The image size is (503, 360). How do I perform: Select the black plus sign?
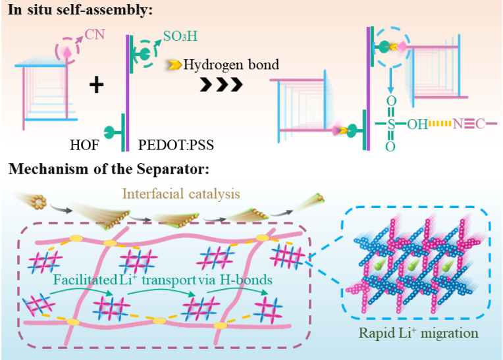(96, 84)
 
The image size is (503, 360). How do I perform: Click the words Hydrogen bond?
(231, 64)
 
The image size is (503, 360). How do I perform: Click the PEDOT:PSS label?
(169, 143)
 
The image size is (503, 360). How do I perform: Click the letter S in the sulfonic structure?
(390, 123)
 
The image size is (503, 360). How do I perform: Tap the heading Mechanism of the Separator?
(109, 169)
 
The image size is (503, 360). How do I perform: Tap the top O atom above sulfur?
(390, 100)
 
